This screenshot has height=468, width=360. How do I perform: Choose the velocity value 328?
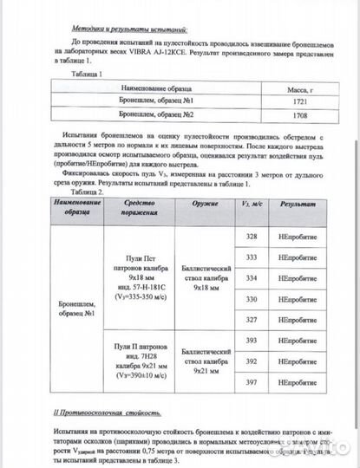252,237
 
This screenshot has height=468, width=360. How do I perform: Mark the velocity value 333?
252,257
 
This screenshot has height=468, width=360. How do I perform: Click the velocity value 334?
252,278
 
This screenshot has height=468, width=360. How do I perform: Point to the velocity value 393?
252,341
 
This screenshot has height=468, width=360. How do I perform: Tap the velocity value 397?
252,382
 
